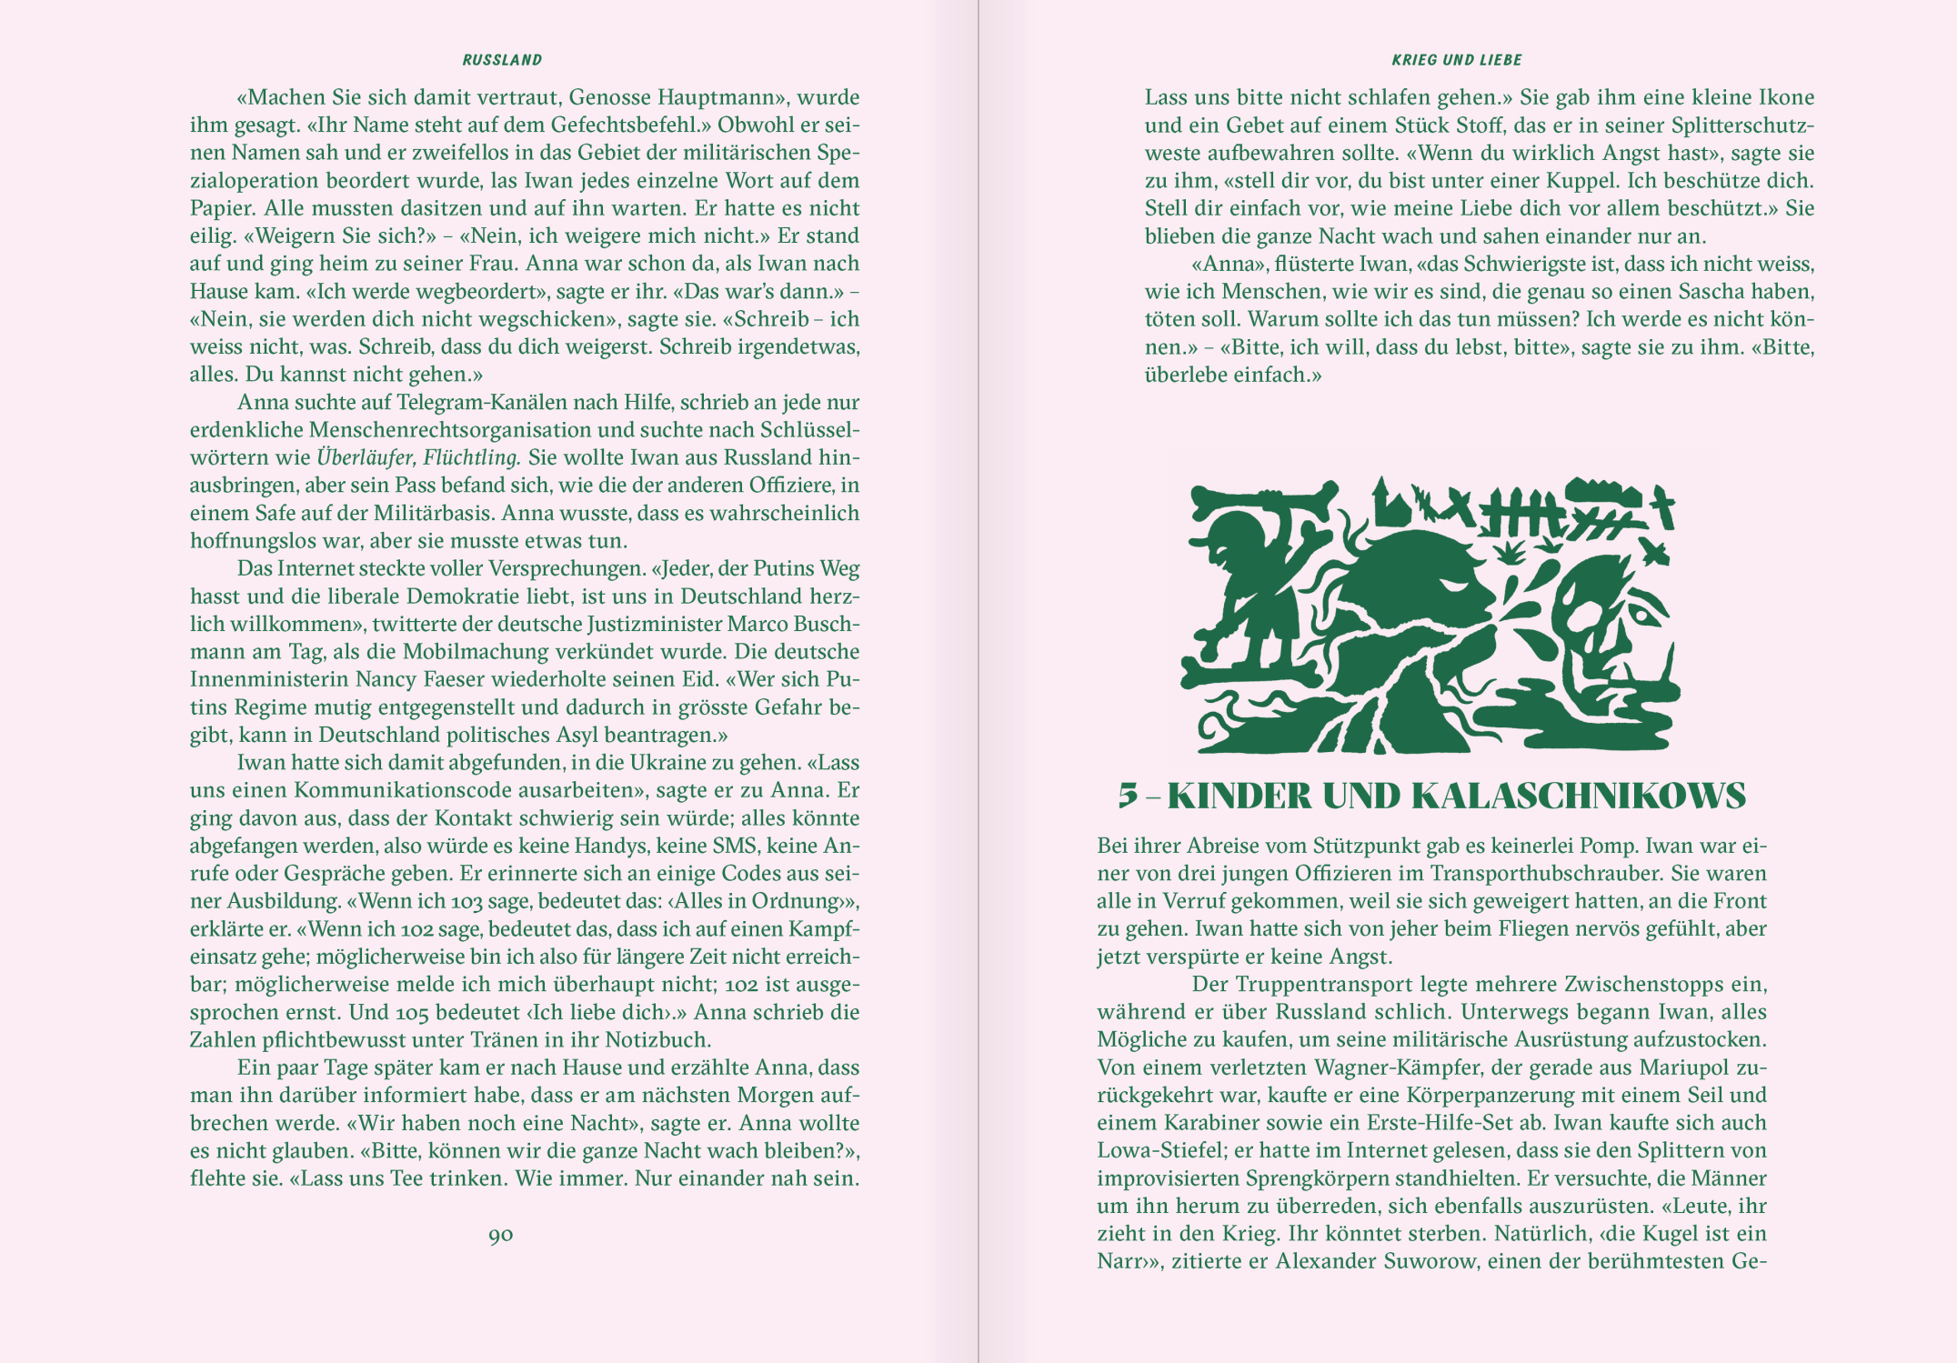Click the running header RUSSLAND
(x=502, y=60)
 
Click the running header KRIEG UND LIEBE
(x=1456, y=60)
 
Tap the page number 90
(x=501, y=1235)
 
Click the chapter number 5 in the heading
(x=1128, y=796)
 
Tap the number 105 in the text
(x=412, y=1012)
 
